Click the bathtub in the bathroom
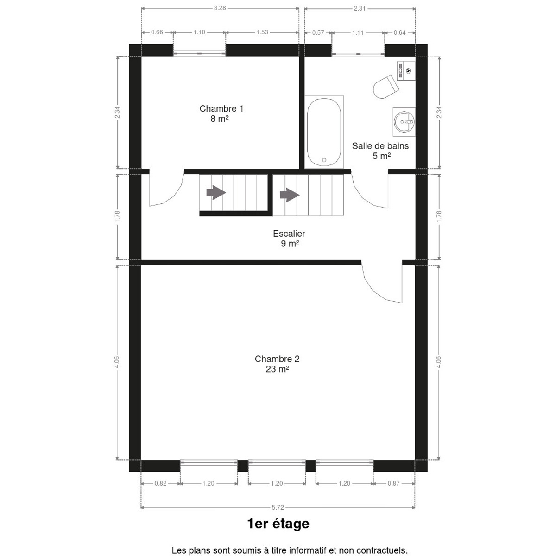324,132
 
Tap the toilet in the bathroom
386,87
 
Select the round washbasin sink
404,122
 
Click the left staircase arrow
216,192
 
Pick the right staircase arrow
290,195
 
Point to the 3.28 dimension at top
220,8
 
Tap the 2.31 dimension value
360,9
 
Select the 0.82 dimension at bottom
160,483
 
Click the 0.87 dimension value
393,483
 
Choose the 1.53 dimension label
262,32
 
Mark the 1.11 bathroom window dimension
358,32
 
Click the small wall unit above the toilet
406,71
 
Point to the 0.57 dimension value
318,32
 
